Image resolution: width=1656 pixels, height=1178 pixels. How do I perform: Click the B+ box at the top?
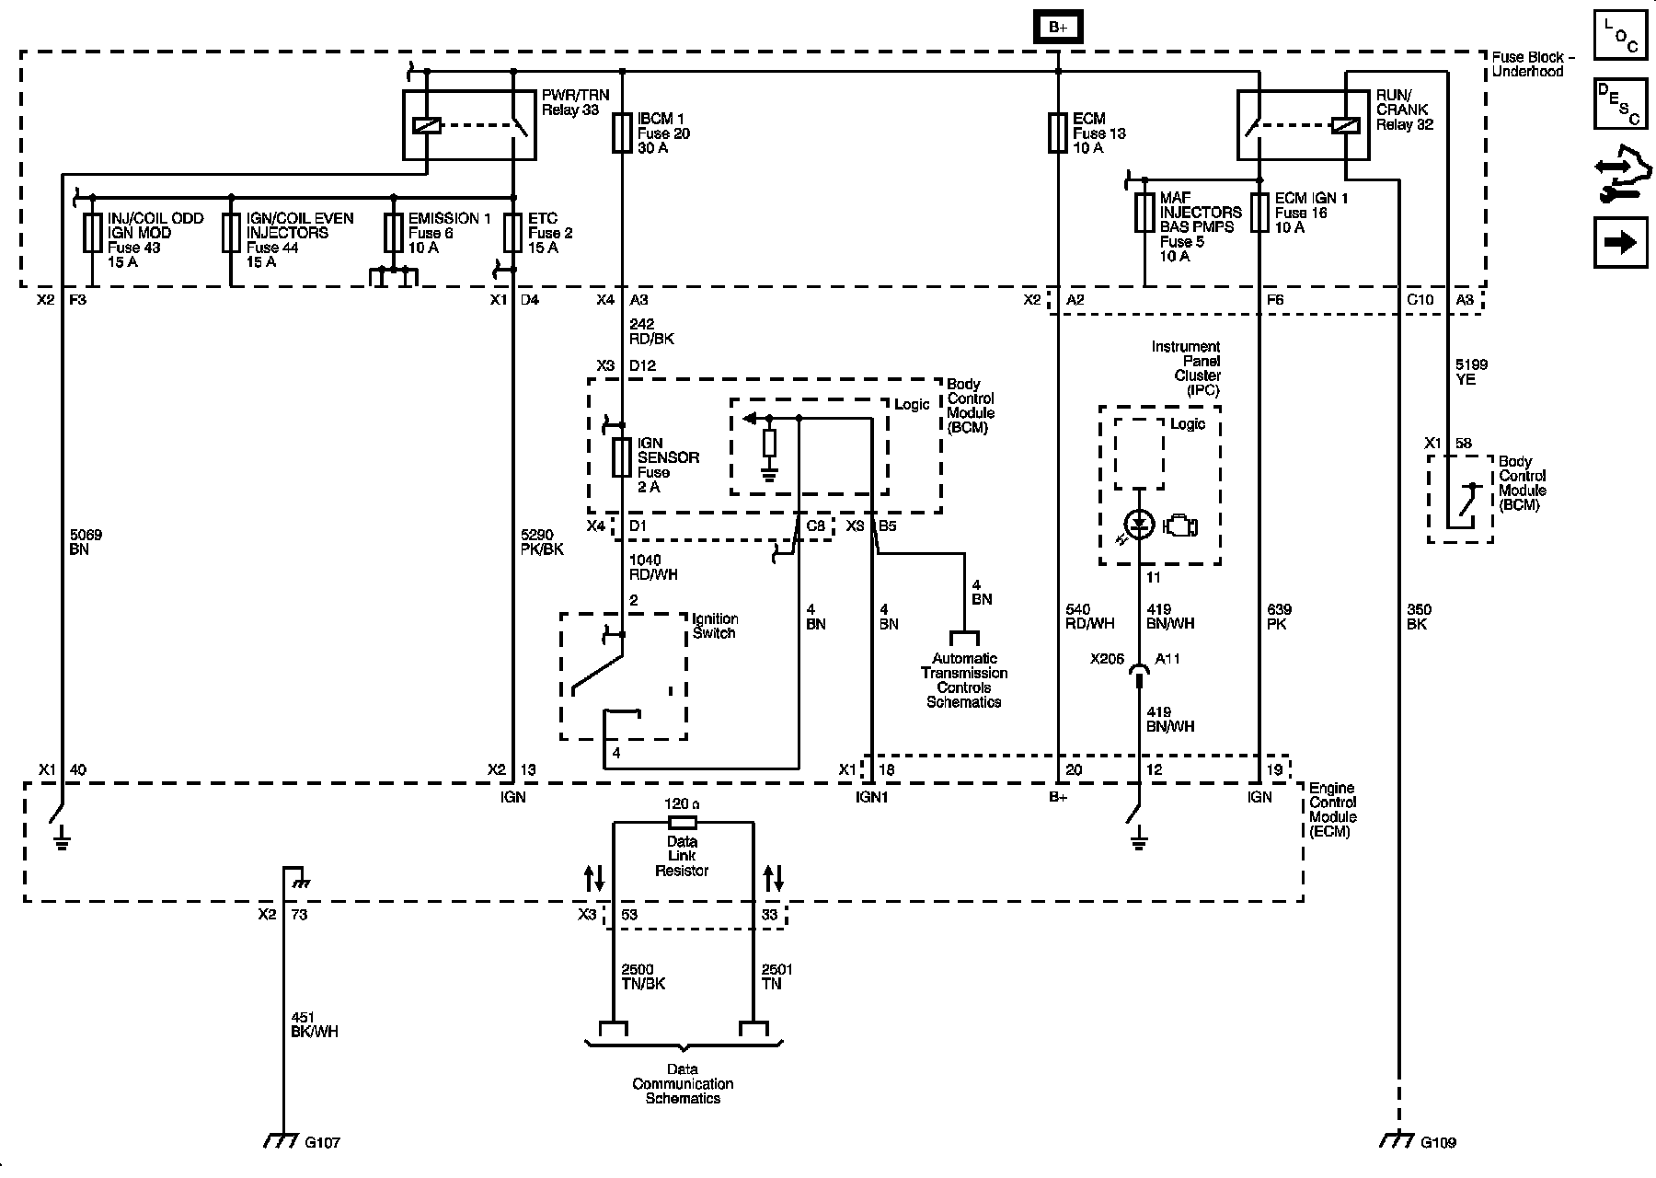[1058, 28]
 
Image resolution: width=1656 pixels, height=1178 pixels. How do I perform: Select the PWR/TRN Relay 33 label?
[570, 103]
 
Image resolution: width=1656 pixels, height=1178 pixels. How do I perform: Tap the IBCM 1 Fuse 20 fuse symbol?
[622, 133]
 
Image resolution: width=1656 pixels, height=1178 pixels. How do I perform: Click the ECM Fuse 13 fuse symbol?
[1058, 133]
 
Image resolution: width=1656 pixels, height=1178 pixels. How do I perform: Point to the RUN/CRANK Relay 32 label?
[1404, 110]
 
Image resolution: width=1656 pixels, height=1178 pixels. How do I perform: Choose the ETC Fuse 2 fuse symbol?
[513, 233]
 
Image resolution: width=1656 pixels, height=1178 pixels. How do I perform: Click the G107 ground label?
[323, 1143]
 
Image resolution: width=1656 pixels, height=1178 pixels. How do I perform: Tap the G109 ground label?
[1438, 1143]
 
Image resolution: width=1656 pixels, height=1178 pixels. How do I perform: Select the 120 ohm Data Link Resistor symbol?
[682, 822]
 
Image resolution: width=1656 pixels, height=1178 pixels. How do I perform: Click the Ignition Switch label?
[715, 626]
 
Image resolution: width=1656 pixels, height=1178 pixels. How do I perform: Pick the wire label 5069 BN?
[86, 543]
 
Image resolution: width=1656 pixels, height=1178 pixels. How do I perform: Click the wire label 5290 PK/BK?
[542, 543]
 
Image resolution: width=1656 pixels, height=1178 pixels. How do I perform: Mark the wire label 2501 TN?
[777, 976]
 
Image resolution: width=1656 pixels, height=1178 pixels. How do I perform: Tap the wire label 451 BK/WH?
[314, 1024]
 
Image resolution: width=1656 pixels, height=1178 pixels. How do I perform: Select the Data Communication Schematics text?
[683, 1084]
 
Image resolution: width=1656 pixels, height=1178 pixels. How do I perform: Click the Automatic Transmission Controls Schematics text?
[964, 680]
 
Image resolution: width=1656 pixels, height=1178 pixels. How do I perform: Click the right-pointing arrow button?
[1620, 242]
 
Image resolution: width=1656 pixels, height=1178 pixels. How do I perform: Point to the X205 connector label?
[1108, 659]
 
